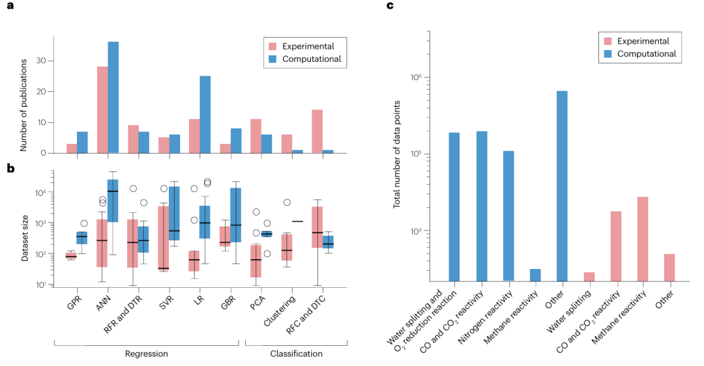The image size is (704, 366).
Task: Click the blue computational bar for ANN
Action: pyautogui.click(x=113, y=98)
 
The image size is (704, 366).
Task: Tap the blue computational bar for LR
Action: pyautogui.click(x=205, y=115)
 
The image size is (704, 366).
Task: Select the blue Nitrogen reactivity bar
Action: pyautogui.click(x=508, y=216)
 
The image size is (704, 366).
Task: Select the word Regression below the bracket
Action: pyautogui.click(x=147, y=354)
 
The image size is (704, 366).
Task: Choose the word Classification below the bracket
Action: pyautogui.click(x=296, y=354)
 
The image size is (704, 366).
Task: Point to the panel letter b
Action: pyautogui.click(x=10, y=169)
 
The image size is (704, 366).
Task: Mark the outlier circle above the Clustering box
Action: pyautogui.click(x=287, y=202)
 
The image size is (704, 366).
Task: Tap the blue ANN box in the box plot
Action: pyautogui.click(x=113, y=200)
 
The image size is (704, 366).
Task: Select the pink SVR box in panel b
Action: pyautogui.click(x=164, y=238)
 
